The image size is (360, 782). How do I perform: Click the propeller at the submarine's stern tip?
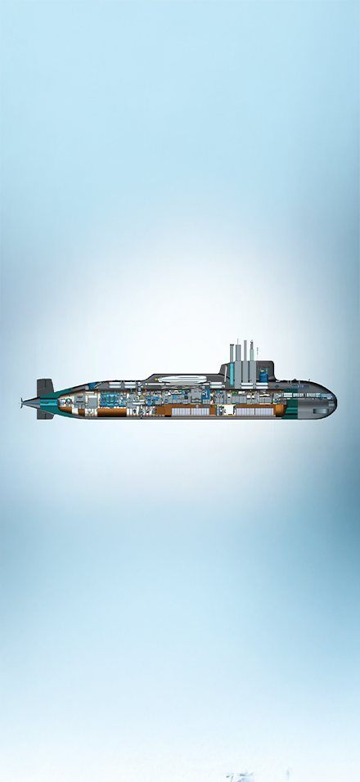(x=22, y=401)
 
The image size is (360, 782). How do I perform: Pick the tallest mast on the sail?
(x=245, y=360)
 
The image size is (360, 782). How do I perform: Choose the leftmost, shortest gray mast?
(x=232, y=363)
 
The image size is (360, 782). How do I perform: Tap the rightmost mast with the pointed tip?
(x=252, y=360)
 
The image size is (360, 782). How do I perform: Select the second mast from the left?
(x=237, y=363)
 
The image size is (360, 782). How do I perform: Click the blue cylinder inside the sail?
(x=264, y=375)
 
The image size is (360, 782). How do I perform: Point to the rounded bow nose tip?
(x=335, y=400)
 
